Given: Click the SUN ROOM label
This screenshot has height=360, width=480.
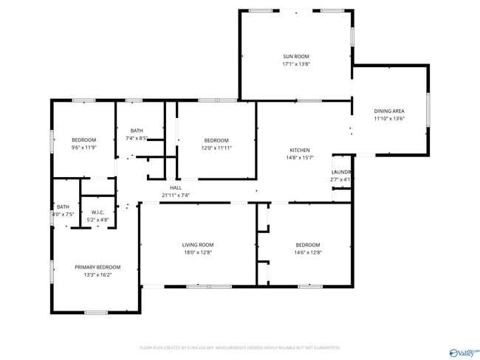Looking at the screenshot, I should coord(296,56).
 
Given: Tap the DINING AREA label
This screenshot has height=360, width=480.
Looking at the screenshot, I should coord(388,111).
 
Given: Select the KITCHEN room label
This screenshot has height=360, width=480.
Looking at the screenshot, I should coord(299,150).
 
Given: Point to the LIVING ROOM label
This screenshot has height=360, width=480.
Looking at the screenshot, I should coord(198,245).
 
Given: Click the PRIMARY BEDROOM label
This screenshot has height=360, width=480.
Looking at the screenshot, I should coord(97,267).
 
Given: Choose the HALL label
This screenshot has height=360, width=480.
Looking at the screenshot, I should coord(176,188).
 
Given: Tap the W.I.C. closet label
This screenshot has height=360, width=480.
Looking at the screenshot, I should coord(97,212).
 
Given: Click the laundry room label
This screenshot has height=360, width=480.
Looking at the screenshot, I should coord(340,172).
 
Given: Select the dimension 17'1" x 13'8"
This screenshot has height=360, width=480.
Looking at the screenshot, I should coord(296,64).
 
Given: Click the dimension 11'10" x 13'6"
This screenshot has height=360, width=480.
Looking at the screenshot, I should coord(388,119).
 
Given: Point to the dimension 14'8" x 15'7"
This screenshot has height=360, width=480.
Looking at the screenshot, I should coord(299,157).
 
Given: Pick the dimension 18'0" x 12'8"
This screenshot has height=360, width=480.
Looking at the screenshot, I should coord(198,252).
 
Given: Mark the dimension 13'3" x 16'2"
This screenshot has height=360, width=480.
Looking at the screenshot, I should coord(97,274).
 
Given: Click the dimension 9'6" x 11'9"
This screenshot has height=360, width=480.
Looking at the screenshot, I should coord(83,148).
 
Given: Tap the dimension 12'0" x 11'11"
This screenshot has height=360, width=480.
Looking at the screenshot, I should coord(216,148).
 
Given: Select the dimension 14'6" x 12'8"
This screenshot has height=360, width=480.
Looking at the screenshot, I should coord(308,252).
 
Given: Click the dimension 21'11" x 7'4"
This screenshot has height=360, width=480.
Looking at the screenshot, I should coord(176,195).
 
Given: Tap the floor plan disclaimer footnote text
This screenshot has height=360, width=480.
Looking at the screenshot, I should coord(239,347).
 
